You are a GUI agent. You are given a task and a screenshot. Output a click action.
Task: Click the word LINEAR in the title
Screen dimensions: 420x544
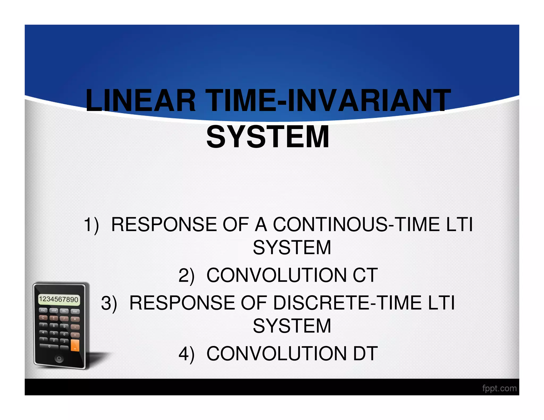tap(141, 101)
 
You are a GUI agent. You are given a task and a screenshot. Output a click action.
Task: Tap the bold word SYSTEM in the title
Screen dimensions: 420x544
tap(268, 137)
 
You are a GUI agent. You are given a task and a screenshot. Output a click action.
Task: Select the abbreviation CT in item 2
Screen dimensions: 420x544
tap(365, 275)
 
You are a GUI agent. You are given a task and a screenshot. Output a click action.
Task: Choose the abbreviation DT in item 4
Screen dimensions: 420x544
tap(365, 354)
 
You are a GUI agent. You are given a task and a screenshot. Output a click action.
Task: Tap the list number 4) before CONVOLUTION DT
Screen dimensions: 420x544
tap(186, 354)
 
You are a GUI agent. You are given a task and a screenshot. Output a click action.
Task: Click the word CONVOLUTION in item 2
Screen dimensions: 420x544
tap(276, 275)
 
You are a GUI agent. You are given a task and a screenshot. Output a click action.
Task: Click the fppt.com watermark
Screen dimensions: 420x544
tap(499, 388)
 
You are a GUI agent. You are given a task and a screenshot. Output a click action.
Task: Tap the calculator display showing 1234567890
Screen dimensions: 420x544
tap(59, 299)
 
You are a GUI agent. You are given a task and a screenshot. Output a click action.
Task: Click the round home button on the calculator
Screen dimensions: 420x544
tap(59, 359)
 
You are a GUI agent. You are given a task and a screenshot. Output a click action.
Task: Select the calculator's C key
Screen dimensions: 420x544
tap(43, 318)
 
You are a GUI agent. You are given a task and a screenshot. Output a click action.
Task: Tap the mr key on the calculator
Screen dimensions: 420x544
tap(75, 311)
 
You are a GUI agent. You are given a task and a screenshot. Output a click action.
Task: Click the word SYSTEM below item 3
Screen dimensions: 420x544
tap(292, 326)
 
